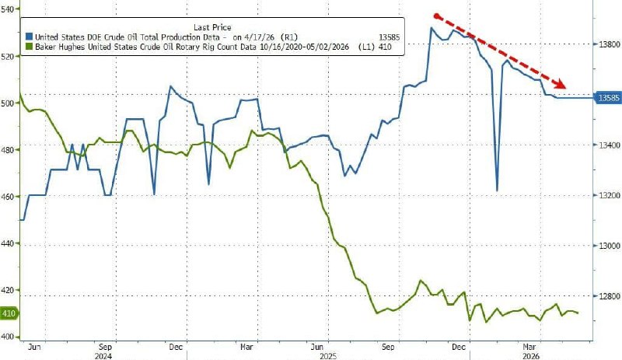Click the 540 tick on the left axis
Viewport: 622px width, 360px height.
8,9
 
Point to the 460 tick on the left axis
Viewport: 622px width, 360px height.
8,197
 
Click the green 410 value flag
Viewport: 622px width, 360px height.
9,313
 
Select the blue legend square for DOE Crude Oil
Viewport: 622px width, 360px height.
29,37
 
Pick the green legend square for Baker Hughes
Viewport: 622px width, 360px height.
29,47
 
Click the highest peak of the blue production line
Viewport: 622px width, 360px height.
431,28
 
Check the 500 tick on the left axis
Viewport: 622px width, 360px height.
8,103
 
